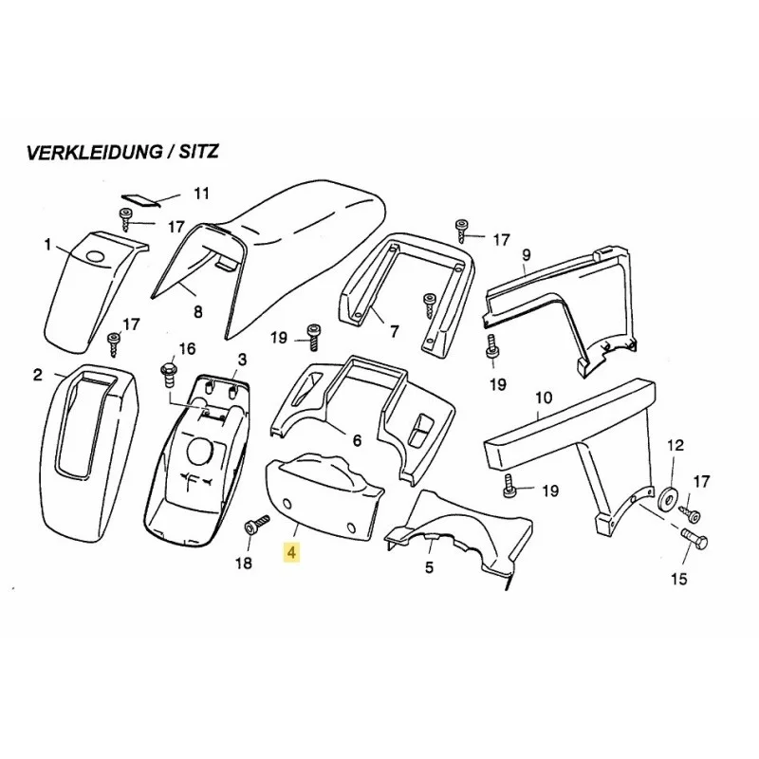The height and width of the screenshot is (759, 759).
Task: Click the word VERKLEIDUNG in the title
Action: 93,152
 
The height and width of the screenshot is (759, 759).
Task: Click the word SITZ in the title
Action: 198,152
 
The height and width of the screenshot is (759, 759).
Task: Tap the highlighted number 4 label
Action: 291,552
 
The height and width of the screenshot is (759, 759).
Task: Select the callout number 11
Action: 201,194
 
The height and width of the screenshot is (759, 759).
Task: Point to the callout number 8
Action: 197,312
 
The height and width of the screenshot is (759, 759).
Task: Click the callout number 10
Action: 544,398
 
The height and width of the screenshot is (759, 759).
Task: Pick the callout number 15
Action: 679,579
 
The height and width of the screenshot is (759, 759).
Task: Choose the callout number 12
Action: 676,445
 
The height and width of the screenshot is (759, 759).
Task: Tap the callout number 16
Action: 187,348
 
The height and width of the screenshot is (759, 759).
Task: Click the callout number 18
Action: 244,563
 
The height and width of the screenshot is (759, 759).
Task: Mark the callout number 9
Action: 527,254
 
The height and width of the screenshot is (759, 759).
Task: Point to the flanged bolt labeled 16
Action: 169,375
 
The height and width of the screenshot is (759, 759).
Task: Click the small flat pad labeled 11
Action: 140,200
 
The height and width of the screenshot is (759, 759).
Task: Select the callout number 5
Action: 429,567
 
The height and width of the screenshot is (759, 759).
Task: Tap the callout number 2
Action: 38,374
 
